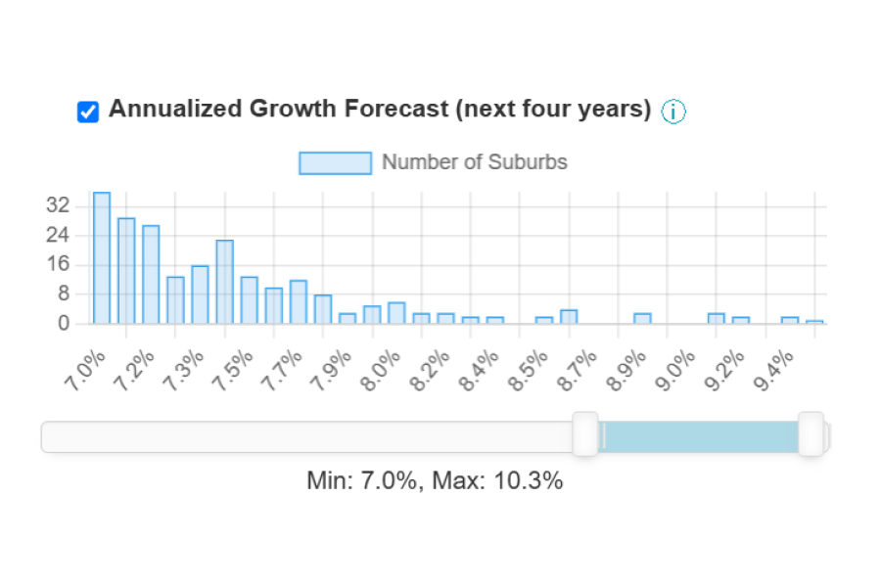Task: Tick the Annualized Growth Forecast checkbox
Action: (88, 112)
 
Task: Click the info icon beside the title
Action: (673, 112)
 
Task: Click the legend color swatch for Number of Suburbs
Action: (335, 162)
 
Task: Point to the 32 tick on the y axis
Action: (58, 206)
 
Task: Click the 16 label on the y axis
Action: (58, 264)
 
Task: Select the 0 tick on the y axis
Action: (64, 323)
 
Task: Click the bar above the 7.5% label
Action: (224, 282)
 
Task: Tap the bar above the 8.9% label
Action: (642, 318)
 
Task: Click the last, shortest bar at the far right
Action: (814, 321)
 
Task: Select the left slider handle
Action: (585, 434)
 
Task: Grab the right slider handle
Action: (811, 434)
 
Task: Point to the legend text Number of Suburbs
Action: (474, 162)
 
